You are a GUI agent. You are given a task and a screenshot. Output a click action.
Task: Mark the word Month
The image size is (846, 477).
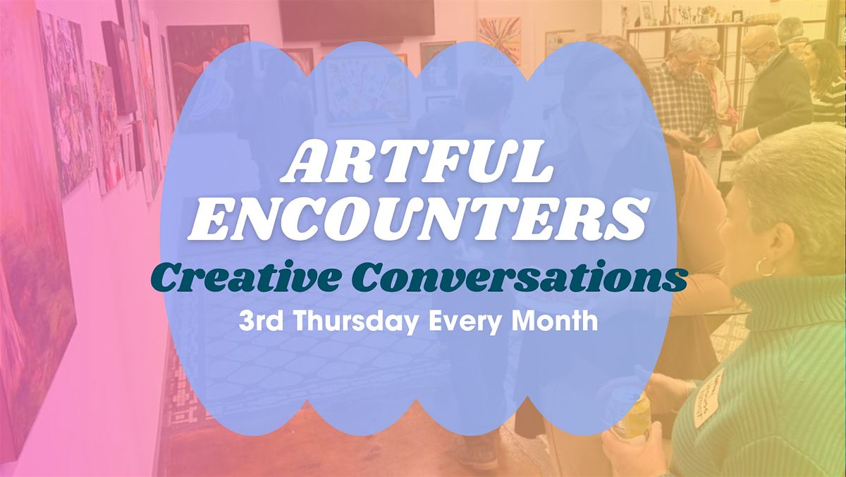click(560, 321)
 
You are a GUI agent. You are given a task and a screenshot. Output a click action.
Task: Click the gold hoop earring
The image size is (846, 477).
click(765, 267)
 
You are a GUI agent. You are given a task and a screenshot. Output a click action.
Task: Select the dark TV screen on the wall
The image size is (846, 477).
click(356, 19)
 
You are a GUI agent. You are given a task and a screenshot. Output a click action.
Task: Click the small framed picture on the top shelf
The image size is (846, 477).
click(647, 12)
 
